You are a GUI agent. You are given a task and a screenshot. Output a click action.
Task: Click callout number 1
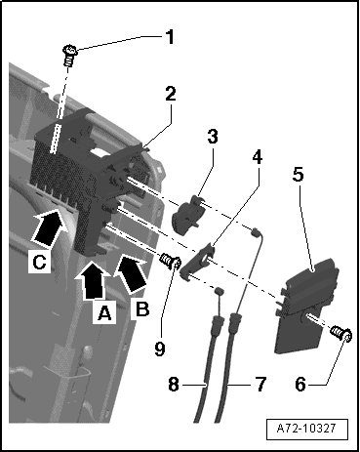tap(170, 37)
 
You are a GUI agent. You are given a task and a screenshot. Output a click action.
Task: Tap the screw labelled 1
tap(69, 55)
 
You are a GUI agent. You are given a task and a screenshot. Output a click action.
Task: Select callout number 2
tap(171, 94)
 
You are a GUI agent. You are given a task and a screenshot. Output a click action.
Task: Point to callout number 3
tap(213, 137)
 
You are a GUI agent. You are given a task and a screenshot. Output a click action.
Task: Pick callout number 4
tap(257, 157)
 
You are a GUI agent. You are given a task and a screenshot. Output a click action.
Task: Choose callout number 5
tap(298, 175)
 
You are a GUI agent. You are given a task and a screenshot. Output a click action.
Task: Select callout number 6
tap(300, 385)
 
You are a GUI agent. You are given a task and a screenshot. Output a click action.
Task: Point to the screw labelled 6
tap(340, 335)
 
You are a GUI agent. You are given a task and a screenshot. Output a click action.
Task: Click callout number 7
tap(260, 384)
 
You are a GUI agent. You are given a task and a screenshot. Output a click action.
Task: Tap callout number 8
tap(174, 384)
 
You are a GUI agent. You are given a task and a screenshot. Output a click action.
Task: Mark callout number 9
tap(160, 349)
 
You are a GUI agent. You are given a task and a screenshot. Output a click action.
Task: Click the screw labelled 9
tap(170, 262)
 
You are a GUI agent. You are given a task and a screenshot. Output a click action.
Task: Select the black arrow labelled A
tap(92, 280)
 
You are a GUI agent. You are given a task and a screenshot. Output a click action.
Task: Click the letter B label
tap(142, 309)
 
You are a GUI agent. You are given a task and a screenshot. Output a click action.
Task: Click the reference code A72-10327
tap(306, 429)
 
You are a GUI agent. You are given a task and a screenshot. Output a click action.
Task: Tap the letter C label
tap(40, 262)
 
